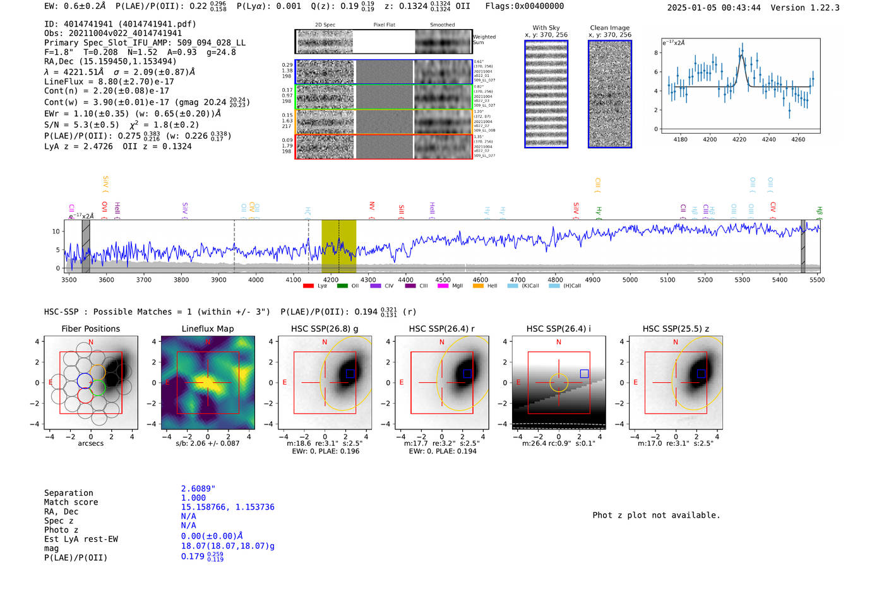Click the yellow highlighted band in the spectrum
[338, 246]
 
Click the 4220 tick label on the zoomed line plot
[739, 139]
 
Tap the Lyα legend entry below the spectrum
[315, 286]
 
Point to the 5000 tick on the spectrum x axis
[630, 280]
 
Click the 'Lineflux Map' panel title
[208, 329]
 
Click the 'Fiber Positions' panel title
[91, 329]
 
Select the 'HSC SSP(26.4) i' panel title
[559, 329]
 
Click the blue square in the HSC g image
[350, 373]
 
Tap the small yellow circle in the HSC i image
[559, 383]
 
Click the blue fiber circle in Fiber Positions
[85, 381]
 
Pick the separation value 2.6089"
[198, 489]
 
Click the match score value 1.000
[193, 498]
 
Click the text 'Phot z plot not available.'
[656, 515]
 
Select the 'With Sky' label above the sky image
[546, 28]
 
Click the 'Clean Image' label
[610, 28]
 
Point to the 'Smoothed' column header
[442, 25]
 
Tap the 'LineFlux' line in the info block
[109, 81]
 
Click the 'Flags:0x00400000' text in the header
[525, 6]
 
